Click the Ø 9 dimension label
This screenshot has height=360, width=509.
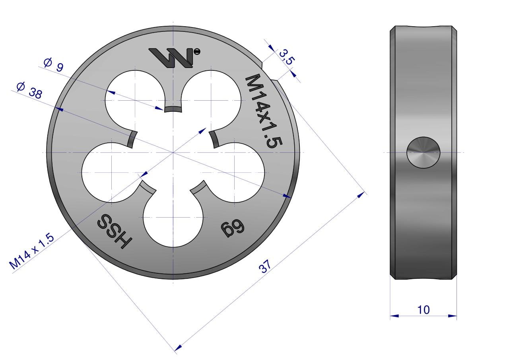[53, 64]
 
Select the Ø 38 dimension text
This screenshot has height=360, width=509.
[29, 90]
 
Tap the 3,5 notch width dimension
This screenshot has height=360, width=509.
[287, 57]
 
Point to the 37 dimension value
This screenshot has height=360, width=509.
[265, 266]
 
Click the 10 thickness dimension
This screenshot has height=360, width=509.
[424, 310]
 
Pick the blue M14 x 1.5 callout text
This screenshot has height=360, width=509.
[31, 251]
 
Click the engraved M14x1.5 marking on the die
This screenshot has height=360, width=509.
[264, 111]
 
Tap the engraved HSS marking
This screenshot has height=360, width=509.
[115, 231]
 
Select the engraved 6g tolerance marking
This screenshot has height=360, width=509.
[233, 228]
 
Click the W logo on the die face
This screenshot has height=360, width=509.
[171, 58]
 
